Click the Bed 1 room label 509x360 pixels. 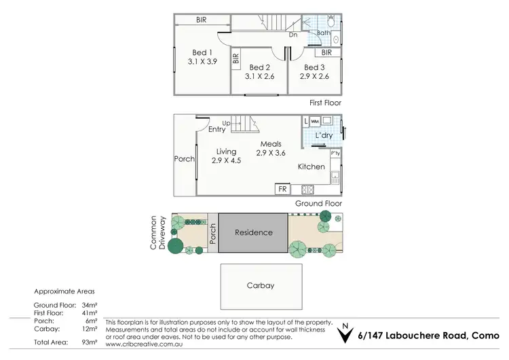(x=202, y=52)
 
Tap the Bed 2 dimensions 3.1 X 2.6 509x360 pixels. (x=260, y=77)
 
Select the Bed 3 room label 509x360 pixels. (x=313, y=67)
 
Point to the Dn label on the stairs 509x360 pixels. (x=293, y=34)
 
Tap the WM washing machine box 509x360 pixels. (x=315, y=122)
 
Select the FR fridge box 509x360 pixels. (x=282, y=190)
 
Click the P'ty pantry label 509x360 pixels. (x=335, y=154)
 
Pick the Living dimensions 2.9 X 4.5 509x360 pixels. (x=226, y=161)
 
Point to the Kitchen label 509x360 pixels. (x=311, y=166)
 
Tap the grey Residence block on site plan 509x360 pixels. (x=253, y=232)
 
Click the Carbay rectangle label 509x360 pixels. (x=260, y=285)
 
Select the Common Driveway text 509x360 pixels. (x=157, y=233)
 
